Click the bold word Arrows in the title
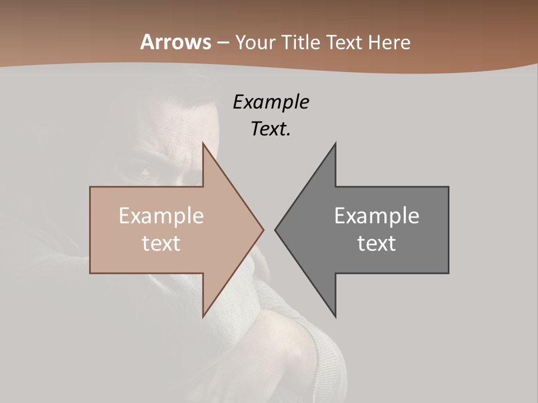click(176, 43)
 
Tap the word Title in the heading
click(300, 43)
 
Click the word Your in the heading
click(256, 43)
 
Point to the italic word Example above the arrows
click(271, 102)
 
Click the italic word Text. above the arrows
click(271, 129)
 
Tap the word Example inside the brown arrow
click(161, 215)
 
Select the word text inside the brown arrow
click(161, 243)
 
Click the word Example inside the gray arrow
click(377, 215)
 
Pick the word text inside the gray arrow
click(377, 243)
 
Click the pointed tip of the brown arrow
click(263, 229)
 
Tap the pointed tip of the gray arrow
click(275, 229)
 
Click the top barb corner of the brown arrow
click(203, 143)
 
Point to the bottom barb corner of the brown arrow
click(203, 316)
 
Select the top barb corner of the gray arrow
click(335, 143)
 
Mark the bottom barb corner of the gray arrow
click(335, 316)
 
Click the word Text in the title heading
click(343, 43)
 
